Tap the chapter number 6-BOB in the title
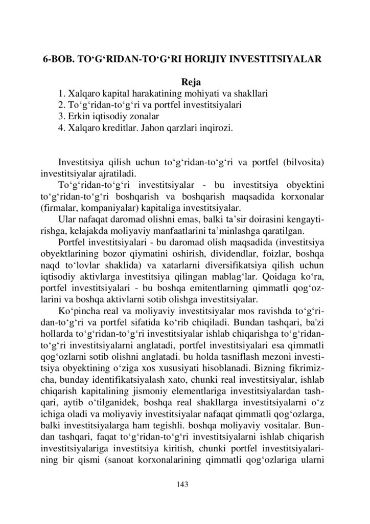point(58,59)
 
